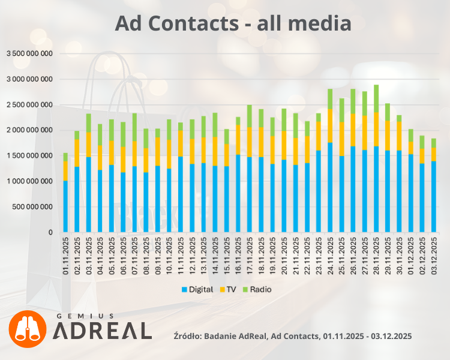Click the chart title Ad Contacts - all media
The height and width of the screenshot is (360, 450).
[233, 23]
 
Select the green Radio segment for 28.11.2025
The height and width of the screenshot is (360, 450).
[376, 98]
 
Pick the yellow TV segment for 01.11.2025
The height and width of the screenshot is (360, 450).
[65, 170]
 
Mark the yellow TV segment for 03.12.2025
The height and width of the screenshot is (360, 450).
[434, 154]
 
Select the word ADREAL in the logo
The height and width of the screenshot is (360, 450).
[103, 331]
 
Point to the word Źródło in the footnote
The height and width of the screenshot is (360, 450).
[187, 335]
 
